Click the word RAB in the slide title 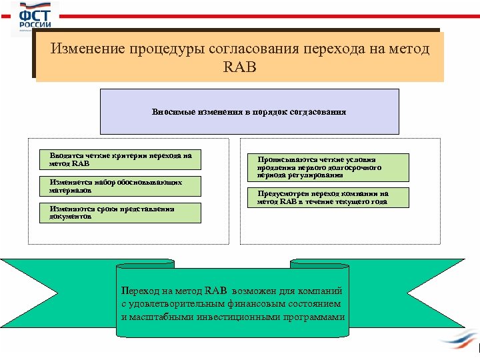(x=241, y=67)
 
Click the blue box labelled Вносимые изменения (x=249, y=112)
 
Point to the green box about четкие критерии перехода (x=120, y=160)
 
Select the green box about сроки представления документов (x=120, y=213)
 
